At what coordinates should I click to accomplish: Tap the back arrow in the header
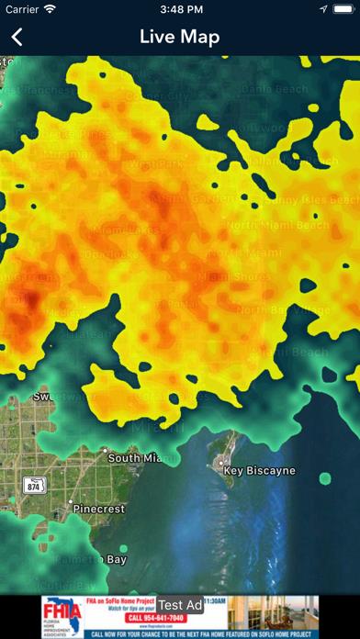[17, 38]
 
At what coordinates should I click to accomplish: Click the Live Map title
[180, 38]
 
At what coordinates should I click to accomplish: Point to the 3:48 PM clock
[180, 9]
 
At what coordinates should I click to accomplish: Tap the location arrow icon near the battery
[323, 9]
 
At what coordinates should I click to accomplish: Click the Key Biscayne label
[260, 471]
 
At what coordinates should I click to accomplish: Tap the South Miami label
[137, 457]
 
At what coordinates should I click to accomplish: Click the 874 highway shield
[32, 485]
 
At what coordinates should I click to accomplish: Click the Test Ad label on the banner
[179, 604]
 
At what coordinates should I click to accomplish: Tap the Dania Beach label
[275, 88]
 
